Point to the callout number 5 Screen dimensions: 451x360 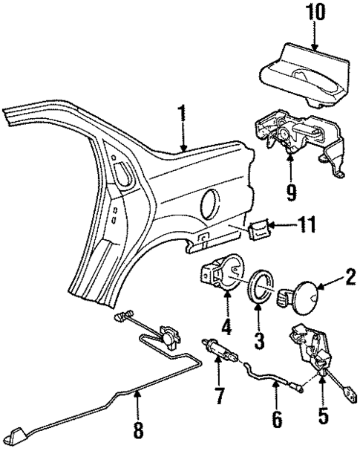[x=322, y=414]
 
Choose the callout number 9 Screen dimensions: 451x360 [x=290, y=192]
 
